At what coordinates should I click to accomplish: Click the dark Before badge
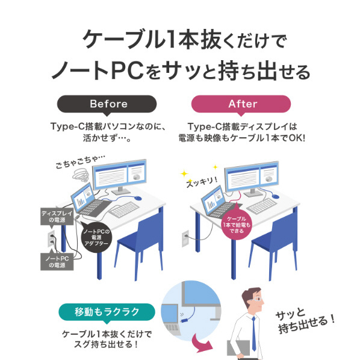107,104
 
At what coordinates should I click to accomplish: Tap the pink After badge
241,104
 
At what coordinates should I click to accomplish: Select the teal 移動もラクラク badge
107,312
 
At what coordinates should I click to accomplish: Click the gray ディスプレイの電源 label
57,217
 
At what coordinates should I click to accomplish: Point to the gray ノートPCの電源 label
57,261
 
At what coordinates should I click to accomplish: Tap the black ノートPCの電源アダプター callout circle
96,237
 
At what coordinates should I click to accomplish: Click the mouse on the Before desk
138,198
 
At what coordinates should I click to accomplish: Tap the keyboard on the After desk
262,206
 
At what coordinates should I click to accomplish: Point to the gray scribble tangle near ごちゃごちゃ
81,175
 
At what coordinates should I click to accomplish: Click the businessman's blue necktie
253,334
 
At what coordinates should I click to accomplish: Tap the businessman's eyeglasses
258,299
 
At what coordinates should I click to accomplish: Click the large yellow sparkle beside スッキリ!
184,173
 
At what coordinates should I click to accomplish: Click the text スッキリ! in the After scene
202,182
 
